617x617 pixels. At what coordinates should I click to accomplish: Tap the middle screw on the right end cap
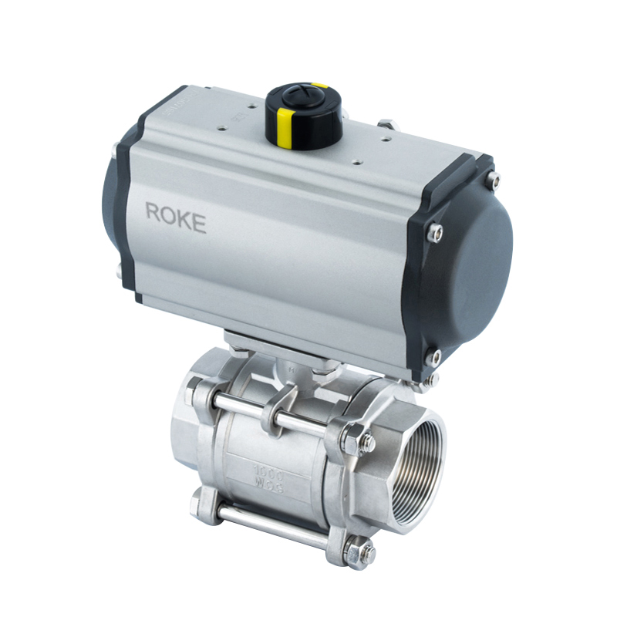pos(437,231)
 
